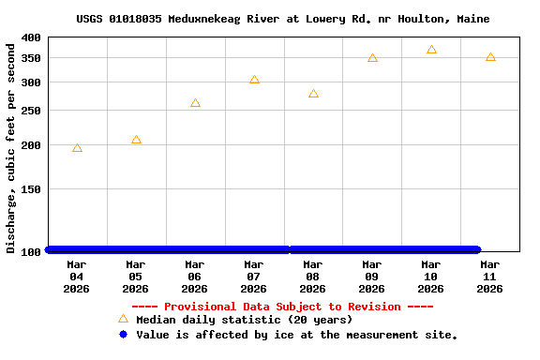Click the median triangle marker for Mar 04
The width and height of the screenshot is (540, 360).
click(77, 148)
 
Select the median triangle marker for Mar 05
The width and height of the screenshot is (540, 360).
click(136, 140)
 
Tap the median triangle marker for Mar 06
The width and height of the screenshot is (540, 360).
click(195, 103)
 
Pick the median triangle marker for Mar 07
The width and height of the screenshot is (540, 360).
click(254, 80)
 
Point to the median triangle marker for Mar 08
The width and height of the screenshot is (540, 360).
click(313, 94)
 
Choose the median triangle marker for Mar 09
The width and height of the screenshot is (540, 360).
click(372, 58)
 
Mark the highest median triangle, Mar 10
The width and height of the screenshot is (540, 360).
click(431, 50)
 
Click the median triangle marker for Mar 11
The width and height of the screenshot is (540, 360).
click(490, 58)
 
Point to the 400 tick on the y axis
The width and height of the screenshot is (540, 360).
click(31, 37)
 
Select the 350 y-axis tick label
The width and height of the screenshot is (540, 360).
click(31, 58)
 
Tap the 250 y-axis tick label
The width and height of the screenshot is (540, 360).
click(31, 110)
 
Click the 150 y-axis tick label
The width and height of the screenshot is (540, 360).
click(31, 188)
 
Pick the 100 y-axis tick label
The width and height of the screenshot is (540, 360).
click(31, 251)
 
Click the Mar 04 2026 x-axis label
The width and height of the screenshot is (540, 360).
click(77, 276)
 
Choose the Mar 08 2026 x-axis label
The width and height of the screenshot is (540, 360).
click(313, 276)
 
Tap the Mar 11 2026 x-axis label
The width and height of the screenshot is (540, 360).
click(490, 276)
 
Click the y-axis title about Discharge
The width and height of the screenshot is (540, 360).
click(11, 145)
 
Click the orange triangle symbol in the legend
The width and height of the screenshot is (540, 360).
click(123, 319)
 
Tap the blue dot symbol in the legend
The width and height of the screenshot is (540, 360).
click(123, 335)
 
